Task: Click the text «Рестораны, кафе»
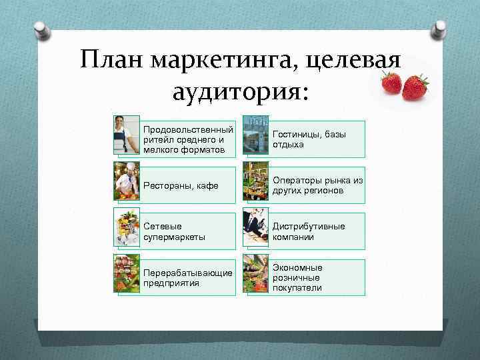pos(181,185)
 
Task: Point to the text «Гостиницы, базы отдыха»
pos(309,139)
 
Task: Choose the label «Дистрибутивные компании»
pos(308,231)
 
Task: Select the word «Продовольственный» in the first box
pos(188,129)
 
